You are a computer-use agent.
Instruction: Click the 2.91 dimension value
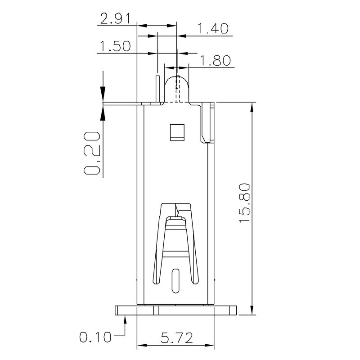[115, 19]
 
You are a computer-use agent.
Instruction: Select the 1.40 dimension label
[214, 29]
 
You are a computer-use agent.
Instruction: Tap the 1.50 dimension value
[115, 47]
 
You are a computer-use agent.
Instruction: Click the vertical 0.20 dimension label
[92, 153]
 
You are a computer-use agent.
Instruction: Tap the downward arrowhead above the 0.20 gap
[103, 95]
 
